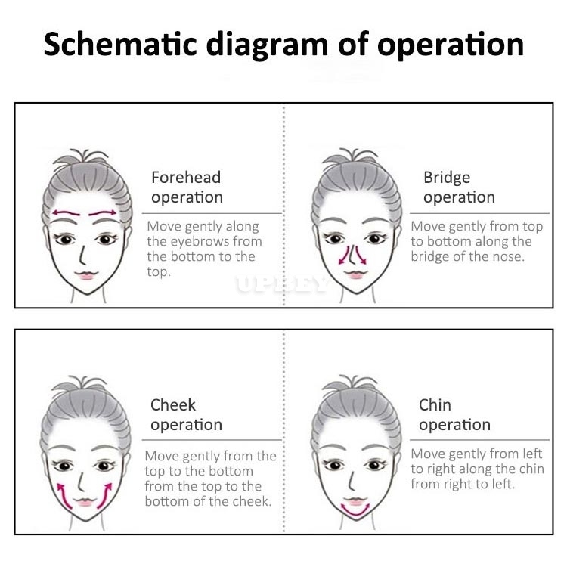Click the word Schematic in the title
click(x=120, y=44)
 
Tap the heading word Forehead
click(x=186, y=177)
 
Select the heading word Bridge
click(x=447, y=178)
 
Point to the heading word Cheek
click(x=173, y=404)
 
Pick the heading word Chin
click(x=435, y=404)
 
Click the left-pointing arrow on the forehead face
click(x=67, y=213)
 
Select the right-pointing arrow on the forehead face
click(x=103, y=213)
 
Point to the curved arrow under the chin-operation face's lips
click(x=355, y=510)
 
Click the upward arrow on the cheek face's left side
click(x=64, y=496)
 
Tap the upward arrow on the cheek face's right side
click(x=105, y=495)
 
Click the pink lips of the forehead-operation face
click(x=86, y=275)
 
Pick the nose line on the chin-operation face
click(x=351, y=480)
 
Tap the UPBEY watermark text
click(x=282, y=284)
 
